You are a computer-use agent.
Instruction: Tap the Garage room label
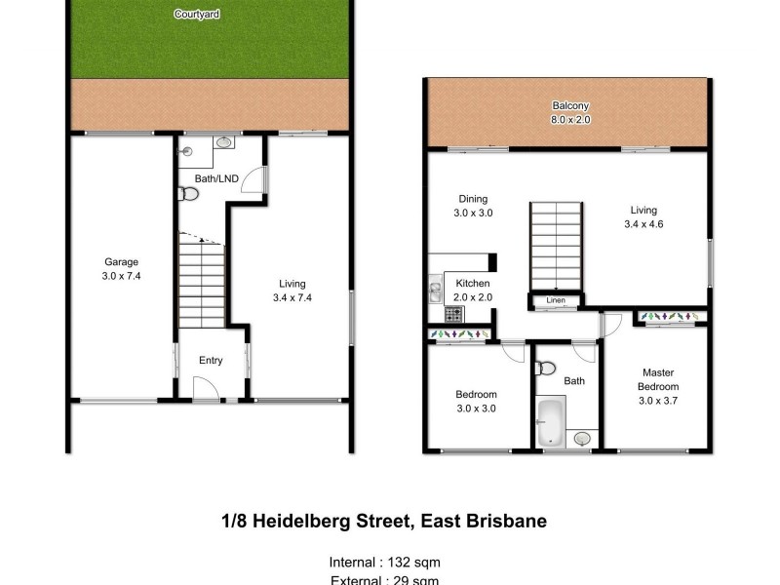tap(122, 261)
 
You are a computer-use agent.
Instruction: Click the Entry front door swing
tap(206, 390)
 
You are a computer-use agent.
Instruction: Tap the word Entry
tap(211, 361)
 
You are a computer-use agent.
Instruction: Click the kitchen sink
tap(433, 290)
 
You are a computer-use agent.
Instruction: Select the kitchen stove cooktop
tap(453, 314)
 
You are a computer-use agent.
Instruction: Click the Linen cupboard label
tap(555, 300)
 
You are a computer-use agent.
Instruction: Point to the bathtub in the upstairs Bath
tap(551, 421)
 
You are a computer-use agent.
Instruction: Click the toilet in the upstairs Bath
tap(547, 369)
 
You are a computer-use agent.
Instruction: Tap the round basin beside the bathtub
tap(582, 439)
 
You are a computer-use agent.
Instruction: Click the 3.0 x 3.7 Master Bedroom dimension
tap(657, 400)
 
